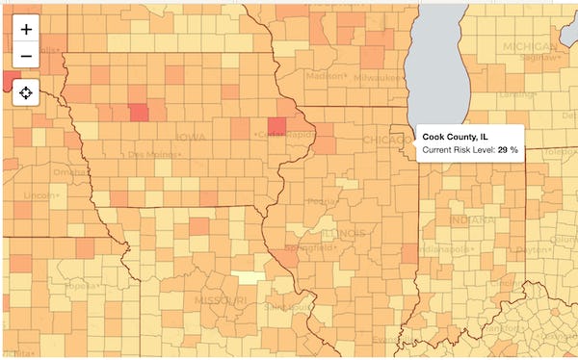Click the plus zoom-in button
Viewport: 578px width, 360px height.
point(26,29)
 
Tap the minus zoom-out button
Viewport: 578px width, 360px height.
point(26,57)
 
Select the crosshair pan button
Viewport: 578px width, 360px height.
point(26,93)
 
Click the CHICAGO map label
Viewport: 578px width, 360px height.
point(384,141)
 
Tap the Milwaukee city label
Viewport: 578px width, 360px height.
point(377,77)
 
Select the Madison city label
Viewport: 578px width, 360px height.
point(325,75)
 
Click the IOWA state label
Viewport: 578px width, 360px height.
point(190,138)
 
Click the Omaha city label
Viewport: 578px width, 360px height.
point(70,172)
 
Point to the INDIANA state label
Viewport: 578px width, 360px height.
point(473,220)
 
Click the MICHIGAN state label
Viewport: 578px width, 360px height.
point(529,46)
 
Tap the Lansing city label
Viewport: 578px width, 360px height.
point(516,94)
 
